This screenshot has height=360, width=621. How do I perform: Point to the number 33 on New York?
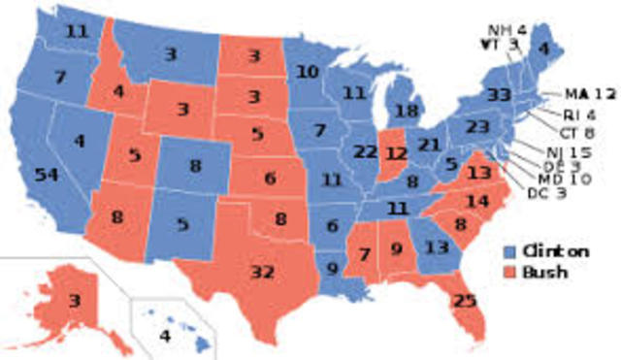(500, 95)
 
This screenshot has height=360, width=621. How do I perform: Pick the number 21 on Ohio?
(428, 145)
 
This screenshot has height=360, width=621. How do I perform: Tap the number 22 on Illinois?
(365, 151)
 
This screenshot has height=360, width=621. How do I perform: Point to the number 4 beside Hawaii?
(164, 336)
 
